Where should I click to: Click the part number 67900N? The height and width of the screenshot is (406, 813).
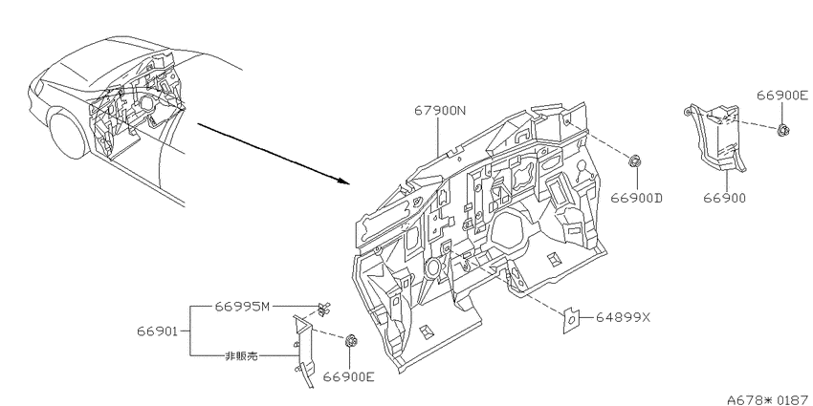click(440, 110)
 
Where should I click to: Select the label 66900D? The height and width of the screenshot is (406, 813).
click(637, 198)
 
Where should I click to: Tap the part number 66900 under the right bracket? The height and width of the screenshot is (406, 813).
click(725, 198)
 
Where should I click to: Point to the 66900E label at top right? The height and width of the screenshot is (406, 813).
click(781, 96)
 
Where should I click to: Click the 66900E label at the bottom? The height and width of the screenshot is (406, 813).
click(348, 377)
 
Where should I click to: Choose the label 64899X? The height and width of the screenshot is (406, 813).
click(624, 317)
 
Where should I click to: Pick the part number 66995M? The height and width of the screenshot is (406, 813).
click(243, 306)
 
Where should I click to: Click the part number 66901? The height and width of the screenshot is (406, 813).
click(158, 331)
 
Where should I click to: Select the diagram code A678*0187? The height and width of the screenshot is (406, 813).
click(769, 399)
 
